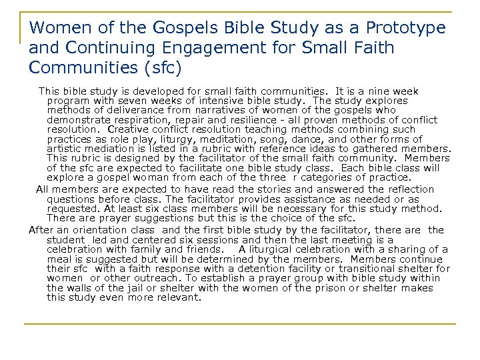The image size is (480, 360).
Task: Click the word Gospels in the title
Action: point(141,28)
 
